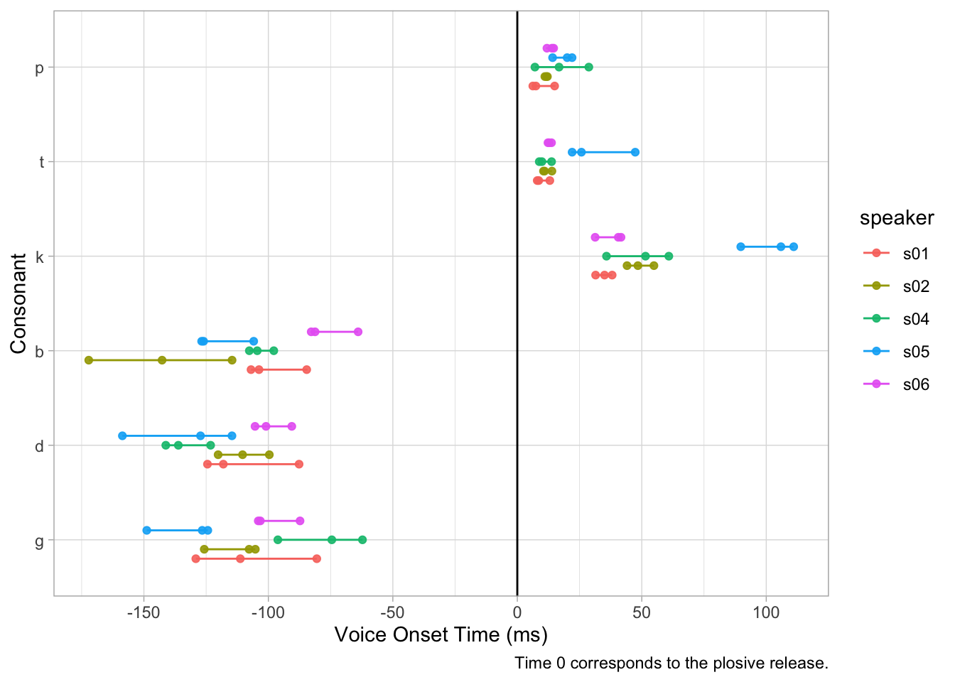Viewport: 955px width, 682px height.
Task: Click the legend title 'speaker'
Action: coord(896,218)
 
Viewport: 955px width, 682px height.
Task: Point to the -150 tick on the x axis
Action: coord(144,613)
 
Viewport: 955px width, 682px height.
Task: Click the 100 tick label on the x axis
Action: coord(766,613)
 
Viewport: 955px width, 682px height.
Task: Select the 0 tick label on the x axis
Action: coord(517,613)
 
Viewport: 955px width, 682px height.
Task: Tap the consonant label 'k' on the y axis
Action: coord(40,256)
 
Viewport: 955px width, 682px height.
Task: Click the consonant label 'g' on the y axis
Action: coord(40,541)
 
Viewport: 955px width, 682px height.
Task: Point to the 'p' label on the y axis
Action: coord(40,68)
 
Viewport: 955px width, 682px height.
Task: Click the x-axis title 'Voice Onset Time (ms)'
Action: coord(441,634)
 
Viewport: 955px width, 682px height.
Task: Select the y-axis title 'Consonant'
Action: coord(18,303)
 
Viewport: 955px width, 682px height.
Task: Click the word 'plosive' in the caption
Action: coord(715,664)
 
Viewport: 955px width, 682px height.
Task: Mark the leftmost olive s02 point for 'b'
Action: coord(89,360)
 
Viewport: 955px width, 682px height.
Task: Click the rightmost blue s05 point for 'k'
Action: coord(794,247)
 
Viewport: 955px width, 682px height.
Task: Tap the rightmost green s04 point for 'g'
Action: coord(362,540)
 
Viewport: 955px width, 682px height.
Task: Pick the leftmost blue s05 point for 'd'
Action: coord(122,435)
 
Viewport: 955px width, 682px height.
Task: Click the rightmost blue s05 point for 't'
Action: coord(635,152)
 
